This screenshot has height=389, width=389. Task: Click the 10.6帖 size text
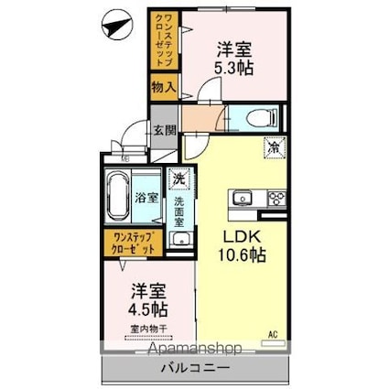tap(241, 256)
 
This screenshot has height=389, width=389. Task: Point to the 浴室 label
tap(146, 196)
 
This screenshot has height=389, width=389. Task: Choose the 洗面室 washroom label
tap(180, 211)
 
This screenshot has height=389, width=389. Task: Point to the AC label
tap(272, 335)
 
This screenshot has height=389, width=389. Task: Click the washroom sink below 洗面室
tap(180, 242)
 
